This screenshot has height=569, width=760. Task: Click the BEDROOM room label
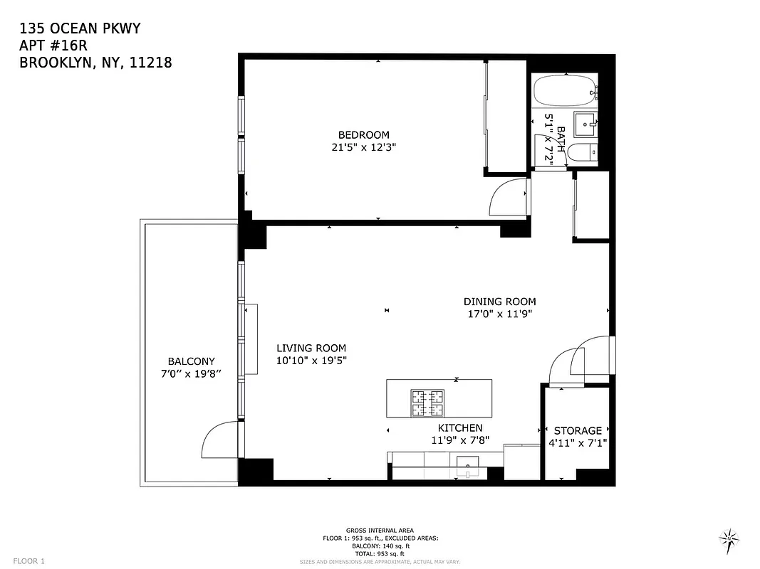(x=363, y=135)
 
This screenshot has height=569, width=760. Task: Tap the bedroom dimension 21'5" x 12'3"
(x=363, y=148)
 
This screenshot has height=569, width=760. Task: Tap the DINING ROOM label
(x=499, y=302)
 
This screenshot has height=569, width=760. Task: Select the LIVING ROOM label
(x=311, y=348)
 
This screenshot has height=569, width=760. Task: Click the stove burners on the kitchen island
(x=427, y=404)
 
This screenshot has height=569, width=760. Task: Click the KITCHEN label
(x=459, y=427)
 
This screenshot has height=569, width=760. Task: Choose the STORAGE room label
(x=578, y=430)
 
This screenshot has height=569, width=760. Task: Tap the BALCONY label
(x=191, y=361)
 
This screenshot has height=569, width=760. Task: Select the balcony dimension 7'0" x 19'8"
(x=191, y=374)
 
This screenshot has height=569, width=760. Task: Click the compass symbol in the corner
(x=729, y=538)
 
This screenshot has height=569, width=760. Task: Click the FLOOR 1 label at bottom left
(x=29, y=560)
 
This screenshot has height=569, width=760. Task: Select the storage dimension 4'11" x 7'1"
(x=578, y=443)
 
